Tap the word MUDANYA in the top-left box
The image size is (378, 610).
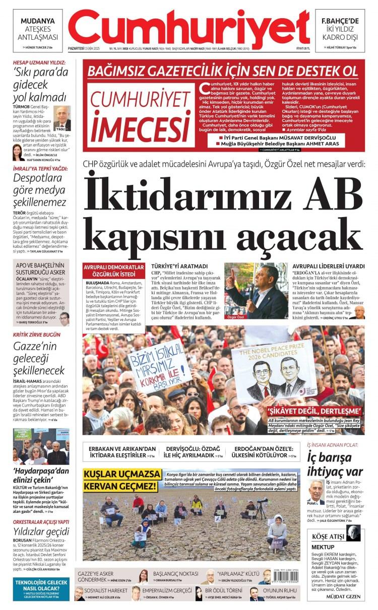click(38, 21)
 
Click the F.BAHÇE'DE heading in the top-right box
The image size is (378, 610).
click(340, 21)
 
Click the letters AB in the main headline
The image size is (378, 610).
click(334, 190)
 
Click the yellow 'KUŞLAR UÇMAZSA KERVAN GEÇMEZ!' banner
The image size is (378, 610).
click(120, 481)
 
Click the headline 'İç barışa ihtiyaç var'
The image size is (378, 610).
click(335, 464)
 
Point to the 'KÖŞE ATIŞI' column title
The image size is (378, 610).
click(329, 536)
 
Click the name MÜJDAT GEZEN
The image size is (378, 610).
click(343, 596)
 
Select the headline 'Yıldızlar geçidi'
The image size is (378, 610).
click(41, 532)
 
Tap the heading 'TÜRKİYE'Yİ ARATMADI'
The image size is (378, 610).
click(179, 266)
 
